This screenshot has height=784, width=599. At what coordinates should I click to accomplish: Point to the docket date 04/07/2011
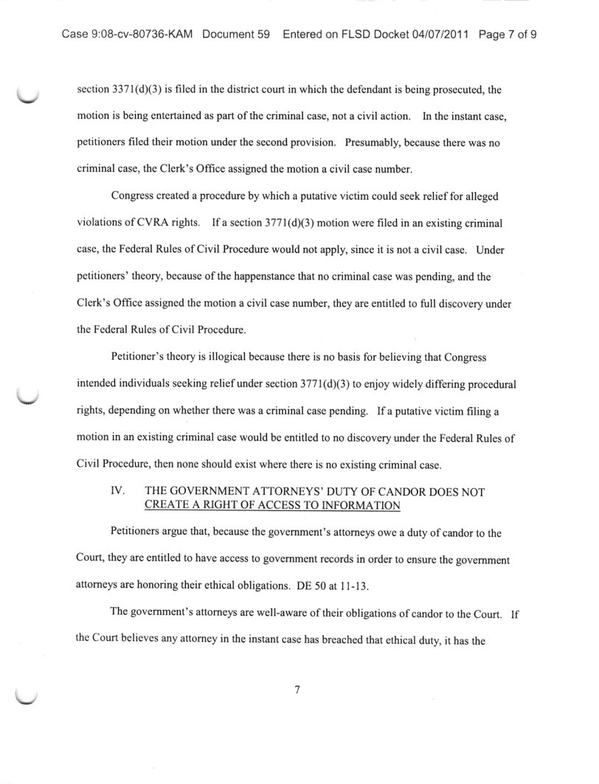(441, 35)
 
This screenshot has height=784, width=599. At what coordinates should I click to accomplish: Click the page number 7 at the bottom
(297, 691)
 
